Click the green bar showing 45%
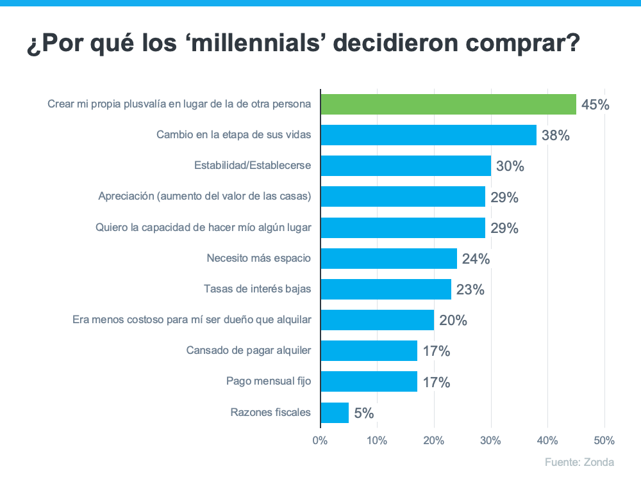pyautogui.click(x=448, y=104)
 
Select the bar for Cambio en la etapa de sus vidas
pyautogui.click(x=428, y=135)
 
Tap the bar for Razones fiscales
pyautogui.click(x=335, y=413)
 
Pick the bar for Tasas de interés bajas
pyautogui.click(x=385, y=289)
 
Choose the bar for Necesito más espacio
pyautogui.click(x=388, y=259)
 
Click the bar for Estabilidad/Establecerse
pyautogui.click(x=405, y=166)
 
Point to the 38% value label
pyautogui.click(x=555, y=136)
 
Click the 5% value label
pyautogui.click(x=363, y=413)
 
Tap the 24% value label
pyautogui.click(x=476, y=259)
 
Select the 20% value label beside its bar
pyautogui.click(x=453, y=321)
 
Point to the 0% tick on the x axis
pyautogui.click(x=320, y=440)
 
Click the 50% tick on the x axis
pyautogui.click(x=604, y=440)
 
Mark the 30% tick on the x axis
pyautogui.click(x=490, y=440)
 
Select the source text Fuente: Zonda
pyautogui.click(x=579, y=462)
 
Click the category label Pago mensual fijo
pyautogui.click(x=269, y=381)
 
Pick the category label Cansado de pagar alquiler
pyautogui.click(x=249, y=351)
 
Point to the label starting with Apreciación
pyautogui.click(x=204, y=196)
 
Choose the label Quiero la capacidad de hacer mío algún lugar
pyautogui.click(x=203, y=227)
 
